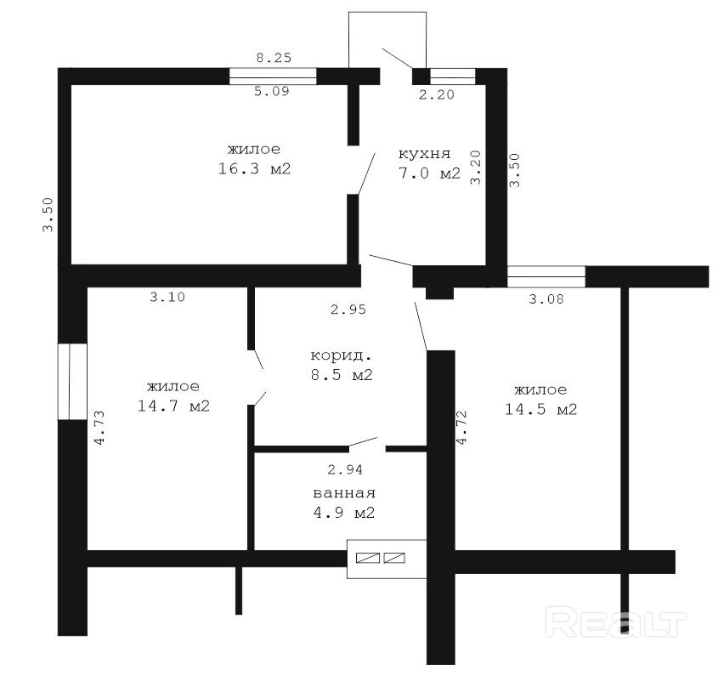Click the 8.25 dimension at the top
click(274, 58)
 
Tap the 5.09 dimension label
click(272, 91)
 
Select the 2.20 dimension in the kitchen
click(437, 94)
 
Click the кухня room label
click(424, 153)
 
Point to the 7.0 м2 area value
click(429, 173)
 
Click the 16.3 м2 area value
click(254, 168)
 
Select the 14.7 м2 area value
click(173, 406)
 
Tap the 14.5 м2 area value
click(540, 409)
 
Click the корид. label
click(342, 355)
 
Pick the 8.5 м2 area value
click(342, 375)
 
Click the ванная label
click(344, 493)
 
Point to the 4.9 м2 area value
click(344, 513)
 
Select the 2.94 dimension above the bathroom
click(345, 470)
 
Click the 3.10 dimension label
click(167, 297)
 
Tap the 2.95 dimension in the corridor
click(348, 310)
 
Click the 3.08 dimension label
click(546, 299)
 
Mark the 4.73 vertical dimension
click(99, 428)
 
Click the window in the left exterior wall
click(72, 381)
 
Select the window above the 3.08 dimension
click(546, 276)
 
